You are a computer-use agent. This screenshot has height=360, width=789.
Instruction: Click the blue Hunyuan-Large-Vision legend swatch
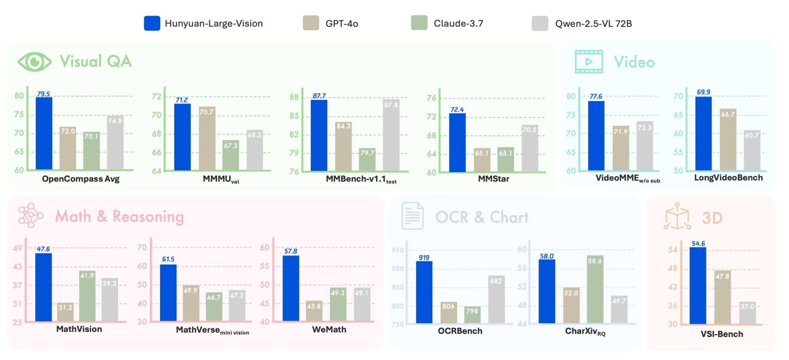tap(152, 23)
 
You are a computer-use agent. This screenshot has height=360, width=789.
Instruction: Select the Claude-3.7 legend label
tap(458, 24)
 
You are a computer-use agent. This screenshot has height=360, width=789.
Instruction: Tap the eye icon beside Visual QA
tap(35, 62)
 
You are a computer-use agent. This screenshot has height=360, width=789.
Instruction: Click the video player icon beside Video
tap(589, 62)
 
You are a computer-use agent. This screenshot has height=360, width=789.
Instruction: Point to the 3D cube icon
tap(677, 217)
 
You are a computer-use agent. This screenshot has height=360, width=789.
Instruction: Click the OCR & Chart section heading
tap(482, 217)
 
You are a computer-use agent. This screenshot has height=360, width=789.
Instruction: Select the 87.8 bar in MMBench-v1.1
tap(391, 135)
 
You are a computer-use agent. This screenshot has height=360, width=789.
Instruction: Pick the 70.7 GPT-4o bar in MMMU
tap(207, 139)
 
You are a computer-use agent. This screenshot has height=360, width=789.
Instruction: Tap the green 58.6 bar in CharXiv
tap(595, 289)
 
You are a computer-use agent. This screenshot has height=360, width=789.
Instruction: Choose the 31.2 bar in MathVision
tap(65, 312)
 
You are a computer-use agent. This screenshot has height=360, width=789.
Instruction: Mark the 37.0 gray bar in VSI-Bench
tap(747, 313)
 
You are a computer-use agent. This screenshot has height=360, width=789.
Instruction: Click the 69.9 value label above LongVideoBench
tap(703, 92)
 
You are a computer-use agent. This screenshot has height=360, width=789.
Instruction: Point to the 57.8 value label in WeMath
tap(290, 251)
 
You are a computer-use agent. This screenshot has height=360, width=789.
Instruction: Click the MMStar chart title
tap(493, 179)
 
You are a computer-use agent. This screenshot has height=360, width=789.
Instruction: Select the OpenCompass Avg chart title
tap(81, 179)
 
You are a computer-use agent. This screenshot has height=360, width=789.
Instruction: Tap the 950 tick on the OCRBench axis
tap(397, 250)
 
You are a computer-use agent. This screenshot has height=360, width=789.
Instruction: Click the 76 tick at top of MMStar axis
tap(431, 98)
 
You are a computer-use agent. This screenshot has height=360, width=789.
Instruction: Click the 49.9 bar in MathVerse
tap(191, 303)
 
